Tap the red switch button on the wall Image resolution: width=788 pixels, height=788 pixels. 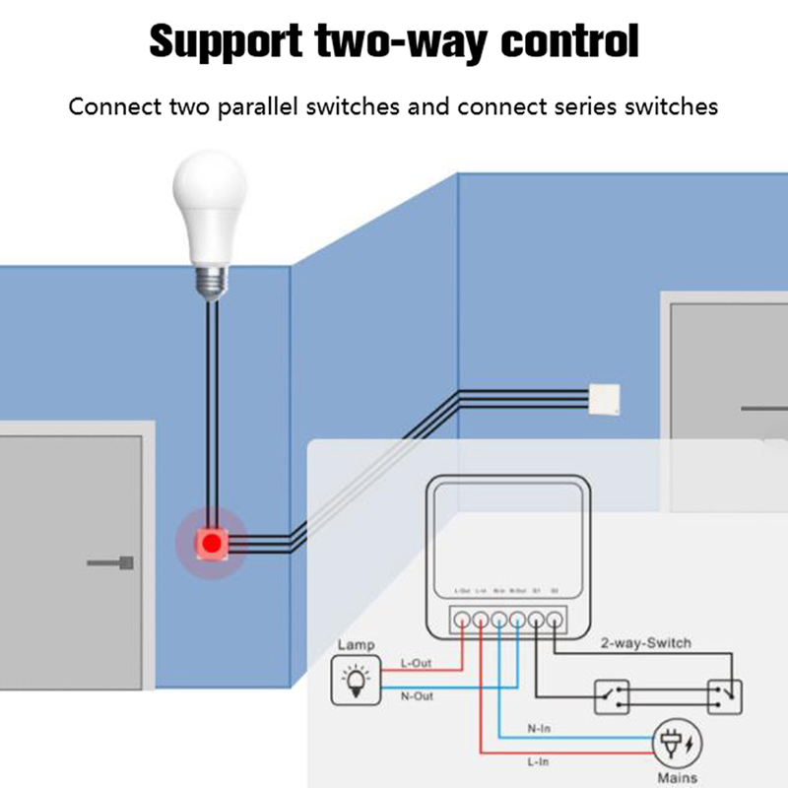(x=210, y=543)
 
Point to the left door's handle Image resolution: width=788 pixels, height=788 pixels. (x=109, y=563)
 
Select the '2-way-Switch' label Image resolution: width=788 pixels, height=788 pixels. (x=645, y=643)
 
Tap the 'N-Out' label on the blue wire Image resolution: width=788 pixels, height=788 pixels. (x=417, y=695)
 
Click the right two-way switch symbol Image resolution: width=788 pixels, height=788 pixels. (x=723, y=696)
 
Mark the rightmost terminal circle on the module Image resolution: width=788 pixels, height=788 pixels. (x=556, y=620)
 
